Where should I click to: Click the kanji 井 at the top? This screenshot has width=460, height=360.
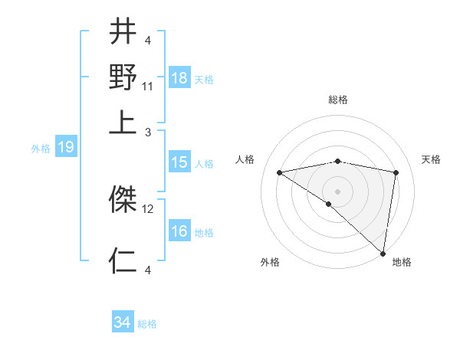pos(123,32)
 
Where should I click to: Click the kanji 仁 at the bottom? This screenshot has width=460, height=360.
pos(123,260)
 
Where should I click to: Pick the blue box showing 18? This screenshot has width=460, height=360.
pos(179,78)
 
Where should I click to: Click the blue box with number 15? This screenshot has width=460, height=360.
pos(179,162)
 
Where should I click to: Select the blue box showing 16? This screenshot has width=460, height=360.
pos(179,231)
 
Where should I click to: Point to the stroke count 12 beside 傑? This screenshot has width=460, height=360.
pos(148,208)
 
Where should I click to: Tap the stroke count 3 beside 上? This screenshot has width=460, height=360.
pos(147,131)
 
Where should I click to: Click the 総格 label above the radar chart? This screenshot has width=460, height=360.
pos(338,100)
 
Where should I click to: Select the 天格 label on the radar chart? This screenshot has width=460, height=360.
pos(431,159)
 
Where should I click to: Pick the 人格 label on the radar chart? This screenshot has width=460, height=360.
pos(245,159)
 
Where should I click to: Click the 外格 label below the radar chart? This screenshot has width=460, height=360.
pos(269,262)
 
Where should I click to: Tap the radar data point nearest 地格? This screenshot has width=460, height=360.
pos(383,253)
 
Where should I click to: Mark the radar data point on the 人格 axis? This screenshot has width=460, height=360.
pos(280,172)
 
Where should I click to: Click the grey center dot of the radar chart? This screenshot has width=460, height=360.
pos(338,191)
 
